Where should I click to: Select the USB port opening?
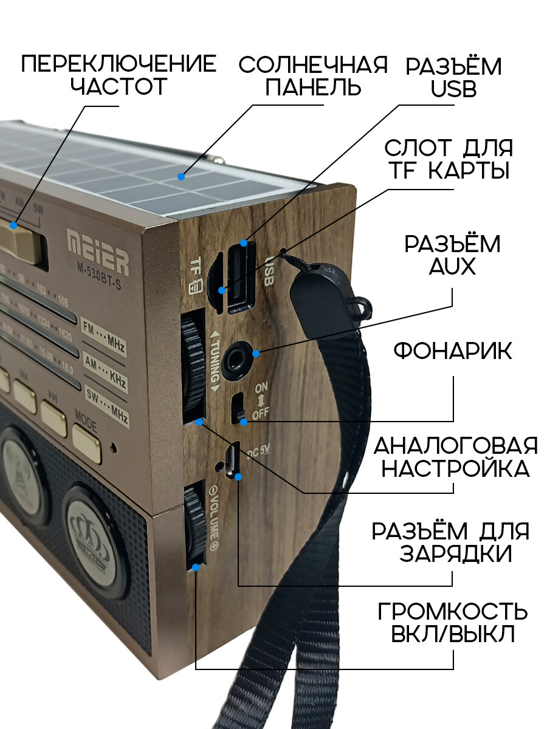[241, 276]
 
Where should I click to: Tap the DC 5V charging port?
[232, 460]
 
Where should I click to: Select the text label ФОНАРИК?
[453, 351]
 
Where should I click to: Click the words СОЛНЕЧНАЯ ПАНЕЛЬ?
[313, 77]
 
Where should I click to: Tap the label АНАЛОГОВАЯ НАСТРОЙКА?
[455, 456]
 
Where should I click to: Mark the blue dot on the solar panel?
[181, 177]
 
